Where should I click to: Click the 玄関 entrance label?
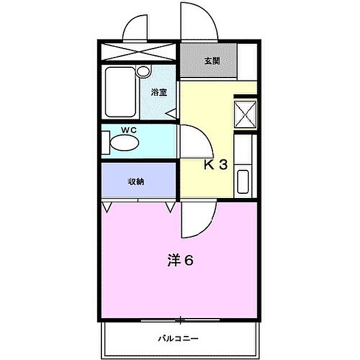click(x=212, y=61)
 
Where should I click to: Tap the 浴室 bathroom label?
click(x=158, y=92)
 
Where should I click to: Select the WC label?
click(x=129, y=130)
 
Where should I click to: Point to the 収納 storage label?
click(x=136, y=182)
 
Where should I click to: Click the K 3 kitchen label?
click(x=216, y=164)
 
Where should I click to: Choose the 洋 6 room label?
click(x=181, y=260)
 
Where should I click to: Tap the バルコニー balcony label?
click(x=178, y=338)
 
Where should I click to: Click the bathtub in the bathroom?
click(x=121, y=92)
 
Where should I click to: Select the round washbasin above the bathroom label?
click(x=143, y=71)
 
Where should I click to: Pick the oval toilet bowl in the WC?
click(x=125, y=143)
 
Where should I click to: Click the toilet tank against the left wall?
click(x=106, y=142)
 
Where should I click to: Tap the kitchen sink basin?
click(x=243, y=182)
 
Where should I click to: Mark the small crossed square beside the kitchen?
click(x=245, y=114)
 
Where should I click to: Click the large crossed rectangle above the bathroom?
click(x=139, y=52)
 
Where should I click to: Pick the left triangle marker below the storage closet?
click(x=106, y=207)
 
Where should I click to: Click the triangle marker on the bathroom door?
click(x=172, y=113)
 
